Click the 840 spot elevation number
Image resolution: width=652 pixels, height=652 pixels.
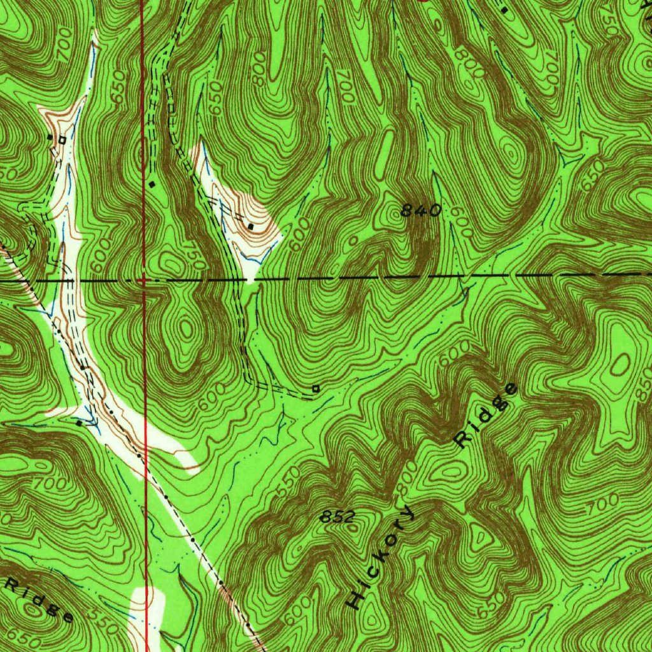(x=421, y=210)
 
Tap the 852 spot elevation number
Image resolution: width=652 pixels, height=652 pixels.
(x=337, y=518)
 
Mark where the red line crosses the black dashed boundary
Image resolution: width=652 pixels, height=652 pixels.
(x=145, y=279)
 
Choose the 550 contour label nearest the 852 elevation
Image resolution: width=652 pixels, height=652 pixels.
(x=288, y=486)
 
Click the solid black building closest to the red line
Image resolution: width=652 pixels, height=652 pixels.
(x=152, y=184)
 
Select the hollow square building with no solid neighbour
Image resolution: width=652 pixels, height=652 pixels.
(x=315, y=388)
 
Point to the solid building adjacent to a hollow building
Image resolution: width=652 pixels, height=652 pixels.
(x=50, y=136)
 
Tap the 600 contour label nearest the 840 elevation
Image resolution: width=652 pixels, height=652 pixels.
(x=461, y=226)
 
